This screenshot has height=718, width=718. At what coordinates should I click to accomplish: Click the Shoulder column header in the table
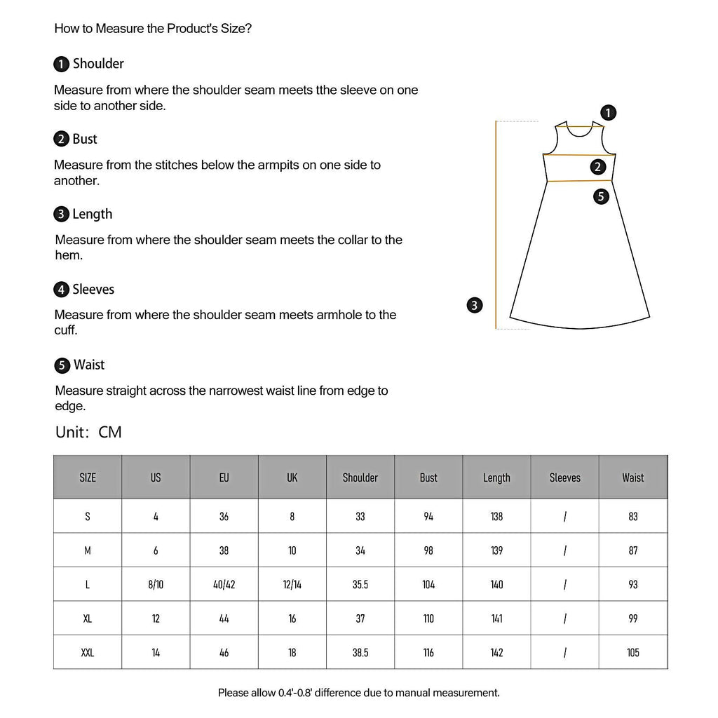click(x=360, y=477)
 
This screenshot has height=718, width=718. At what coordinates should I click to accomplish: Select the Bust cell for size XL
click(x=428, y=618)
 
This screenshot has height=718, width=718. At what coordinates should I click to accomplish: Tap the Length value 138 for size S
click(x=496, y=516)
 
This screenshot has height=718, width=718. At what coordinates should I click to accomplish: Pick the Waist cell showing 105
click(x=633, y=653)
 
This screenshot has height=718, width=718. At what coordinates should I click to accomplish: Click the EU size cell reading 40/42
click(x=224, y=584)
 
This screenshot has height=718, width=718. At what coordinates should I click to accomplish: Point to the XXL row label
click(x=88, y=653)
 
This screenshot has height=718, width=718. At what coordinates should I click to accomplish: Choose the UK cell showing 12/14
click(x=292, y=584)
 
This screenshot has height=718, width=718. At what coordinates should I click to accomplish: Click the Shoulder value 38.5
click(x=360, y=653)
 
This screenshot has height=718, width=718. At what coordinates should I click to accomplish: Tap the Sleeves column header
click(x=564, y=477)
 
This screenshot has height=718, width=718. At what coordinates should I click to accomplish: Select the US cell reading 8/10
click(x=156, y=584)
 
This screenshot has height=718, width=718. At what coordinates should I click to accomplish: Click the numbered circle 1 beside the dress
click(x=609, y=112)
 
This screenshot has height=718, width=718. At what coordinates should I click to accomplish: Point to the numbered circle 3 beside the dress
click(x=475, y=305)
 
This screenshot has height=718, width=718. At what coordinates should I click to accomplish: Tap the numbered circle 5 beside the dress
click(x=601, y=196)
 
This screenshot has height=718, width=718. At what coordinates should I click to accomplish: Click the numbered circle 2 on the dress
click(x=597, y=167)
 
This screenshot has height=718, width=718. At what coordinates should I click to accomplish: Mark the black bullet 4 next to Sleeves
click(x=62, y=290)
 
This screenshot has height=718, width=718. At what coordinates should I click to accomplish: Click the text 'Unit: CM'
click(x=88, y=432)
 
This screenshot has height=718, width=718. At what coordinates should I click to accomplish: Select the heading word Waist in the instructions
click(x=89, y=365)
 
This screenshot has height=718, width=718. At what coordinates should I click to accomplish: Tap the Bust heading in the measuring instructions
click(x=85, y=139)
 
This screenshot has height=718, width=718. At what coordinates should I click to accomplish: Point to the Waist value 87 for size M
click(x=633, y=550)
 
